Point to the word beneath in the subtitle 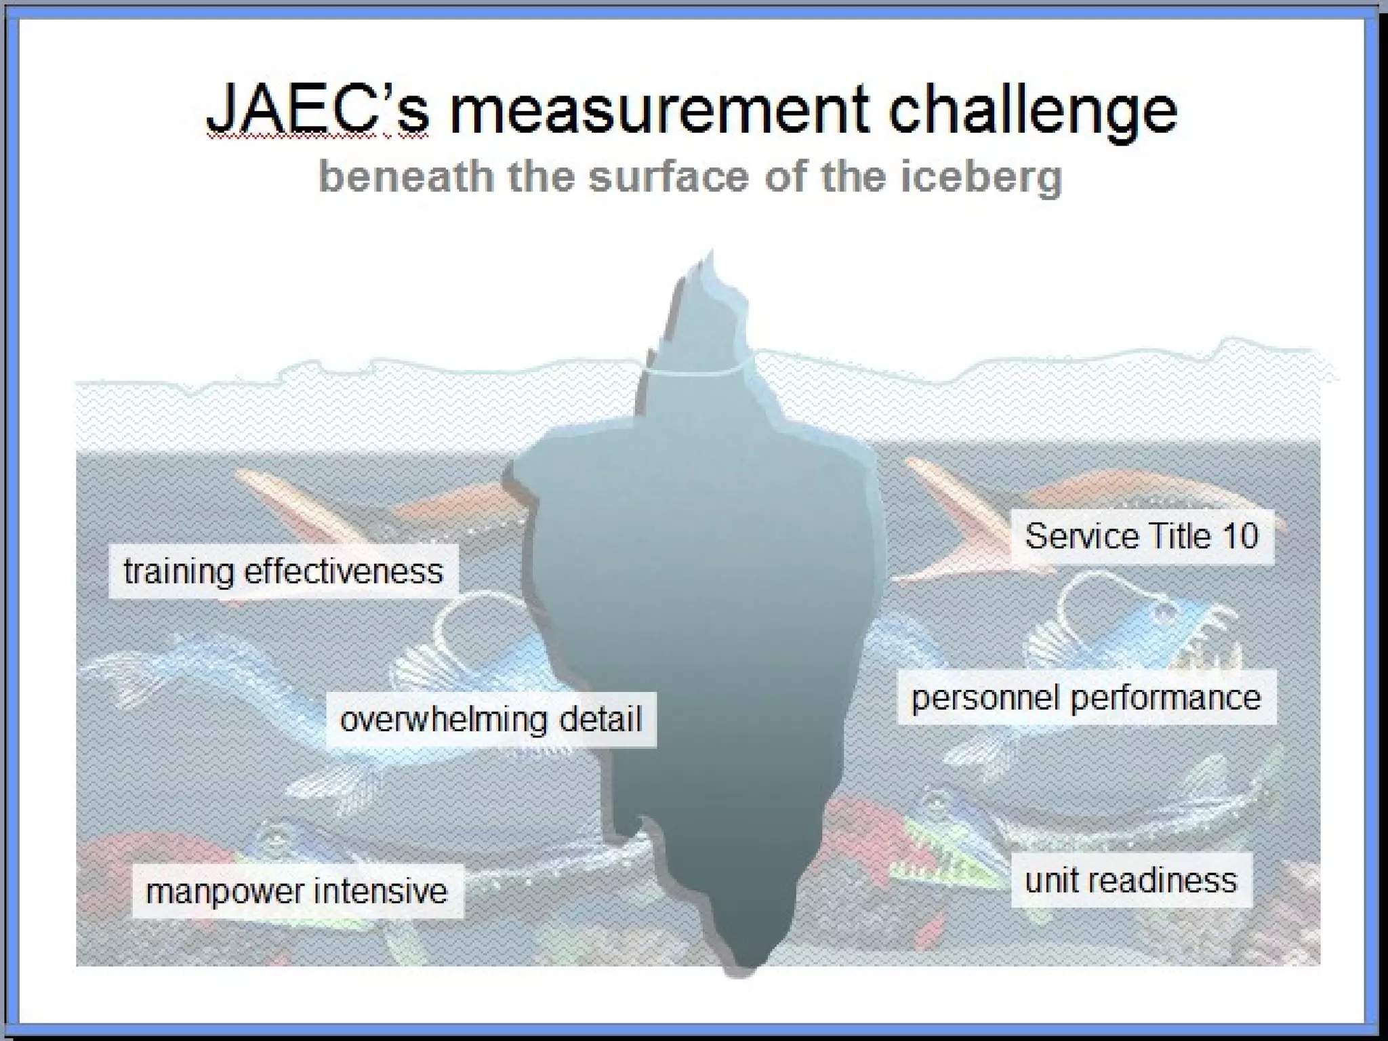click(406, 176)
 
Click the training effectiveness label click(283, 571)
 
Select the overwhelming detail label click(491, 719)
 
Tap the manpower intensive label click(297, 891)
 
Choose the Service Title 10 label click(1141, 536)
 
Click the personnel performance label click(1086, 697)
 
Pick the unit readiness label click(1130, 880)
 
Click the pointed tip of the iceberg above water click(711, 254)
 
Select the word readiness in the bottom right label click(1165, 880)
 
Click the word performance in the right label click(1166, 698)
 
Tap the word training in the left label click(178, 572)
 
